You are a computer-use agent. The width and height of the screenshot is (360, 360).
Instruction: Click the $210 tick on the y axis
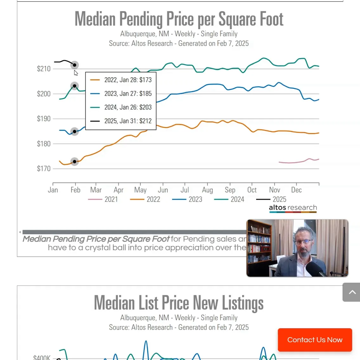tap(44, 69)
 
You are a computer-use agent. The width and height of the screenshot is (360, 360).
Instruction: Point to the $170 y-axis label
tap(44, 169)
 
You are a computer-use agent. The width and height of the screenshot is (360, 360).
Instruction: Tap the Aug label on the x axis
tap(208, 190)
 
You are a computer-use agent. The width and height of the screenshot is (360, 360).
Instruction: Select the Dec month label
tap(296, 190)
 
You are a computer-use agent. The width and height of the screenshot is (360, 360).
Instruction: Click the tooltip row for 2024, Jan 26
tap(121, 107)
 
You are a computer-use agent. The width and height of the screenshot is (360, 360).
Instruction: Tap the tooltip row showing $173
tap(121, 80)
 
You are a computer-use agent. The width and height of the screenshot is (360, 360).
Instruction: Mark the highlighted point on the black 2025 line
tap(74, 65)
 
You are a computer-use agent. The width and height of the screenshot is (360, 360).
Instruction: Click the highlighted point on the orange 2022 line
tap(74, 162)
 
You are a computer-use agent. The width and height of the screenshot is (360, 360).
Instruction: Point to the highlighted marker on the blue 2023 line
tap(74, 132)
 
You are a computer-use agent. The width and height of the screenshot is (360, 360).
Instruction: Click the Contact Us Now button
tap(315, 340)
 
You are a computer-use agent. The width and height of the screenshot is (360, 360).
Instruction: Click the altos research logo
tap(293, 208)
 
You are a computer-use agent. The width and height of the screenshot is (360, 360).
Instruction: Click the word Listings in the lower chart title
tap(242, 303)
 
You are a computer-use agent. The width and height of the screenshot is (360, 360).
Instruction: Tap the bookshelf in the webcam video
tap(259, 244)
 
